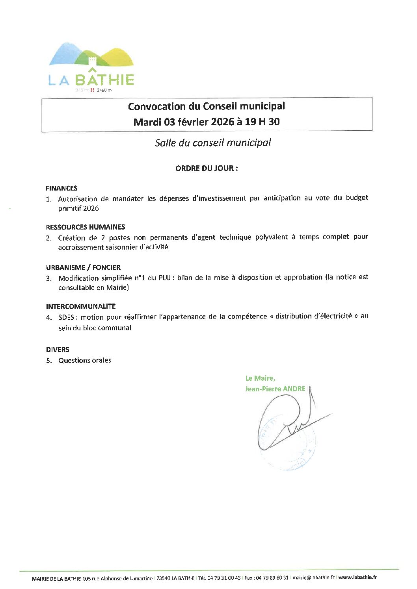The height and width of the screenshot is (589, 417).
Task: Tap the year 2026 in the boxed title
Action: [x=223, y=122]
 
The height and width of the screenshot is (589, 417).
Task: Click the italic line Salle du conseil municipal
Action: [x=213, y=143]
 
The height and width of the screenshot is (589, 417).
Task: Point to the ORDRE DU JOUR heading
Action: [x=207, y=168]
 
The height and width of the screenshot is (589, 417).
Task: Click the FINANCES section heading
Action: [x=61, y=188]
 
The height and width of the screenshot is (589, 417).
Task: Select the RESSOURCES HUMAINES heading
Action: [x=85, y=227]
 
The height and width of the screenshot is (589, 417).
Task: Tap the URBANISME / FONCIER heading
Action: [x=83, y=267]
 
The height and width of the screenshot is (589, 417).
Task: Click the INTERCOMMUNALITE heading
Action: [x=81, y=306]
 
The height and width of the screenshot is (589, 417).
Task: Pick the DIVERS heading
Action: [x=58, y=349]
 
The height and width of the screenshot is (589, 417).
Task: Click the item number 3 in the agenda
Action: [x=48, y=278]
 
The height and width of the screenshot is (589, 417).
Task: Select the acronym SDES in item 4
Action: [x=66, y=317]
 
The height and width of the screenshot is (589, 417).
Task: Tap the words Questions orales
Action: [x=85, y=360]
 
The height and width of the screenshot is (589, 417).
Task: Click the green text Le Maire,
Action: [x=260, y=378]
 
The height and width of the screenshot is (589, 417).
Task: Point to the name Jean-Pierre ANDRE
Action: [x=275, y=389]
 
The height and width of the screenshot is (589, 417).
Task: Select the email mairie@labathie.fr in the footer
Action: [x=313, y=578]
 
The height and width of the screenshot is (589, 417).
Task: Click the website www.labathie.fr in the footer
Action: [x=357, y=578]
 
